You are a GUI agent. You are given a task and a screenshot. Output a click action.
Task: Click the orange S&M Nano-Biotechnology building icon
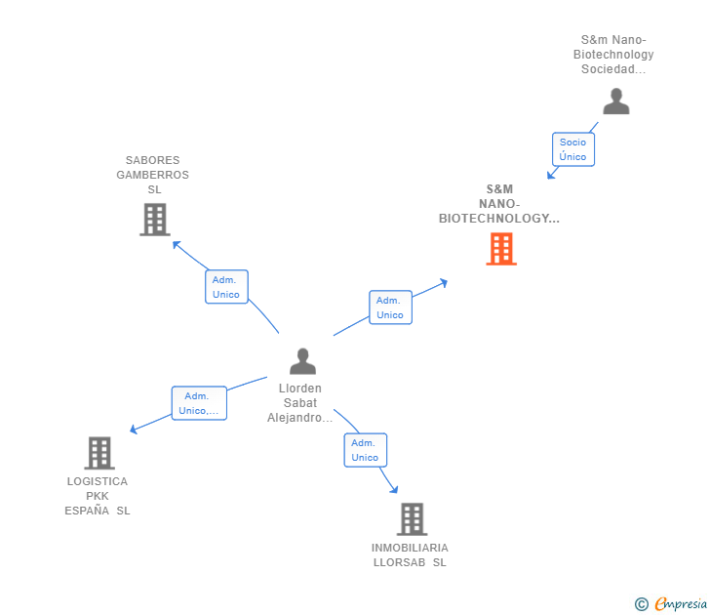(501, 249)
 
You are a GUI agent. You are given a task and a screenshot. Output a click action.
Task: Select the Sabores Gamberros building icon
(155, 220)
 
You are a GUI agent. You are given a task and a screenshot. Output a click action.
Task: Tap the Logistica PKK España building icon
(99, 453)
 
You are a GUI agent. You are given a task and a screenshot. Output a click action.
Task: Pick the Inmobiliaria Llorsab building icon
(413, 519)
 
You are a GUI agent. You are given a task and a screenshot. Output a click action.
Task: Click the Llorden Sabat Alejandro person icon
(303, 361)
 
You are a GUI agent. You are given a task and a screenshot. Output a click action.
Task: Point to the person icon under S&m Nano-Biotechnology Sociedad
(615, 102)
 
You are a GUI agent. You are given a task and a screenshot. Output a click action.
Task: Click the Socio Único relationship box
(572, 149)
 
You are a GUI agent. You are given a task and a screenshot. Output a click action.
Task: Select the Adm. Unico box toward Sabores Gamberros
(226, 287)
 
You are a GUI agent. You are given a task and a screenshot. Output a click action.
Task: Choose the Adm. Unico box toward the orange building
(390, 307)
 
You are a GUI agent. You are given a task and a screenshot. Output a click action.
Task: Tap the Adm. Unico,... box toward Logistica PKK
(199, 403)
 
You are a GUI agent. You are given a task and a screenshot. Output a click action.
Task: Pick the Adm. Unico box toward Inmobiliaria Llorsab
(365, 450)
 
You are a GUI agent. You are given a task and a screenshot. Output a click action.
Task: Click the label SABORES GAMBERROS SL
(152, 175)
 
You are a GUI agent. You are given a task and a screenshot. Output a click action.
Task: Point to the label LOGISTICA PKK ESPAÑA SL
(98, 496)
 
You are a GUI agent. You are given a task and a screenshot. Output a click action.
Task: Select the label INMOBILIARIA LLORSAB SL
(410, 554)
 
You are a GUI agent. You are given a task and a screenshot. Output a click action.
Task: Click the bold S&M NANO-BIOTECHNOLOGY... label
(499, 204)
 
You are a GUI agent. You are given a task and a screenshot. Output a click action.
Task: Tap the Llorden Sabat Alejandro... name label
(301, 403)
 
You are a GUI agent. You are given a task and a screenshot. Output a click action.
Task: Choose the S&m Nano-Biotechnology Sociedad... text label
(613, 55)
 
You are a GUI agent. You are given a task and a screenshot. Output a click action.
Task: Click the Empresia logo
(680, 604)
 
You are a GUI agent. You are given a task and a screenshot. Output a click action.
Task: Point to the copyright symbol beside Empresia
(641, 604)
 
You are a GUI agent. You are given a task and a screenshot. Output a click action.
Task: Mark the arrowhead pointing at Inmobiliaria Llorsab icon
(394, 489)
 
